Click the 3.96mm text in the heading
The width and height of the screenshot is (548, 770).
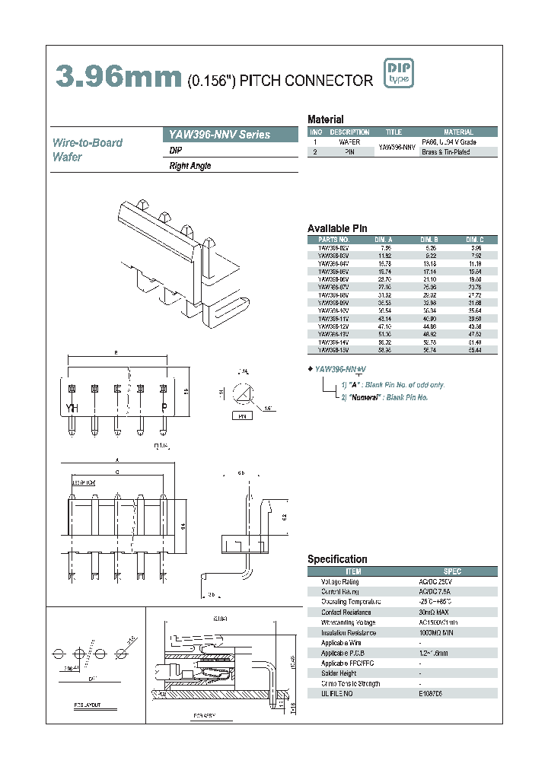(x=118, y=77)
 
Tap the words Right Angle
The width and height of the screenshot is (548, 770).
(x=190, y=166)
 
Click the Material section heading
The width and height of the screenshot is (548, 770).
(x=325, y=119)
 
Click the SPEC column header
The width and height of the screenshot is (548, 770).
(x=452, y=571)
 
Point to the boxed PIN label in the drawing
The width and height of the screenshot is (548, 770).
(x=241, y=417)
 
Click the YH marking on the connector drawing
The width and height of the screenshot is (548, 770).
(x=72, y=409)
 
